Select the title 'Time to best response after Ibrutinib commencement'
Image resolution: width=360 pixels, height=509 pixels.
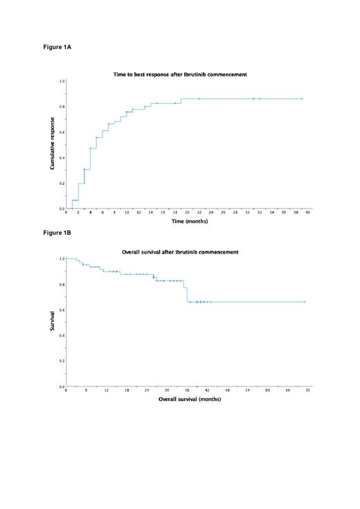pyautogui.click(x=180, y=74)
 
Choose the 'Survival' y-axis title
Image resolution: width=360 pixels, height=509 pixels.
pyautogui.click(x=53, y=322)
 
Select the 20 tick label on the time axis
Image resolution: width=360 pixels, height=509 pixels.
pyautogui.click(x=187, y=213)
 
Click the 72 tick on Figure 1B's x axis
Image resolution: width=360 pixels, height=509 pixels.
pyautogui.click(x=308, y=391)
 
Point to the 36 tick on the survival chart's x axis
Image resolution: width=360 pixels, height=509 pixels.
pyautogui.click(x=187, y=391)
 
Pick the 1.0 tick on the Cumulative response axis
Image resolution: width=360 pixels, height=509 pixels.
pyautogui.click(x=62, y=81)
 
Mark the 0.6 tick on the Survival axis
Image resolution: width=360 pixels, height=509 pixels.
pyautogui.click(x=62, y=310)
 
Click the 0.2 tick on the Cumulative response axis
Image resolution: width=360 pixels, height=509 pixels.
pyautogui.click(x=62, y=183)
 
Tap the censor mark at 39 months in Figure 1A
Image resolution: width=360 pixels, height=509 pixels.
pyautogui.click(x=302, y=99)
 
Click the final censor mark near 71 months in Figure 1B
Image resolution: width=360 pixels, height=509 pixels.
pyautogui.click(x=305, y=302)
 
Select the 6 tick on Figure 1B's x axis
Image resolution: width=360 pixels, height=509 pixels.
pyautogui.click(x=86, y=391)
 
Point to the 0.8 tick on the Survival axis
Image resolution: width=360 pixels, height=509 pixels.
pyautogui.click(x=62, y=284)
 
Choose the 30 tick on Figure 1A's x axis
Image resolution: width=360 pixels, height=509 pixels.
pyautogui.click(x=247, y=213)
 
